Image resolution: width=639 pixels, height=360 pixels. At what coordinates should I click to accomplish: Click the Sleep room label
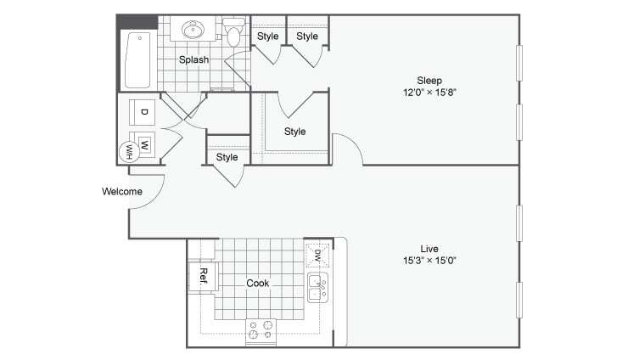pos(423,80)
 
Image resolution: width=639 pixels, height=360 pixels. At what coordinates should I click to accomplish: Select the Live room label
pos(423,248)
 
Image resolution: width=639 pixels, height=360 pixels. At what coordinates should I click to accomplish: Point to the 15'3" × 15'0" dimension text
pos(423,261)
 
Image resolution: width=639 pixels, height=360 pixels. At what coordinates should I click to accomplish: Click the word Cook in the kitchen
pos(258,283)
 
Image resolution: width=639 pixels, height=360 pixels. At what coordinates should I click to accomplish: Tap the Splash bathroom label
pos(193,59)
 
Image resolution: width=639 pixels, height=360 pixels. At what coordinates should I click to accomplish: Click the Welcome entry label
pos(122,191)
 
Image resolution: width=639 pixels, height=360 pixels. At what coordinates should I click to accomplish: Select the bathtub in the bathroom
pos(137,59)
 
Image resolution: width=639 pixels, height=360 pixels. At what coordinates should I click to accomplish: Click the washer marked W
pos(145,143)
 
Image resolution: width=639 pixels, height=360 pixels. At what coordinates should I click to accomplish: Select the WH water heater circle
pos(130,150)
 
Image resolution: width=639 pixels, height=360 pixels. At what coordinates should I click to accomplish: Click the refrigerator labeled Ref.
pos(205,275)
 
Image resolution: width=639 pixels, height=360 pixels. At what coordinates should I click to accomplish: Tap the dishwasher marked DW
pos(317,254)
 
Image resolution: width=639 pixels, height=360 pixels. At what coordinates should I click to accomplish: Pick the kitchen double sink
pos(317,289)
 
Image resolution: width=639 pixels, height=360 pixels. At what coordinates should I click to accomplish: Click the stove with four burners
pos(261,330)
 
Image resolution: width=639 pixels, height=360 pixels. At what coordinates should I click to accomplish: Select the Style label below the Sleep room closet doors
pos(294,132)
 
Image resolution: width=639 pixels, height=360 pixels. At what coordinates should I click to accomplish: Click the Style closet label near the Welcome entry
pos(227,157)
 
